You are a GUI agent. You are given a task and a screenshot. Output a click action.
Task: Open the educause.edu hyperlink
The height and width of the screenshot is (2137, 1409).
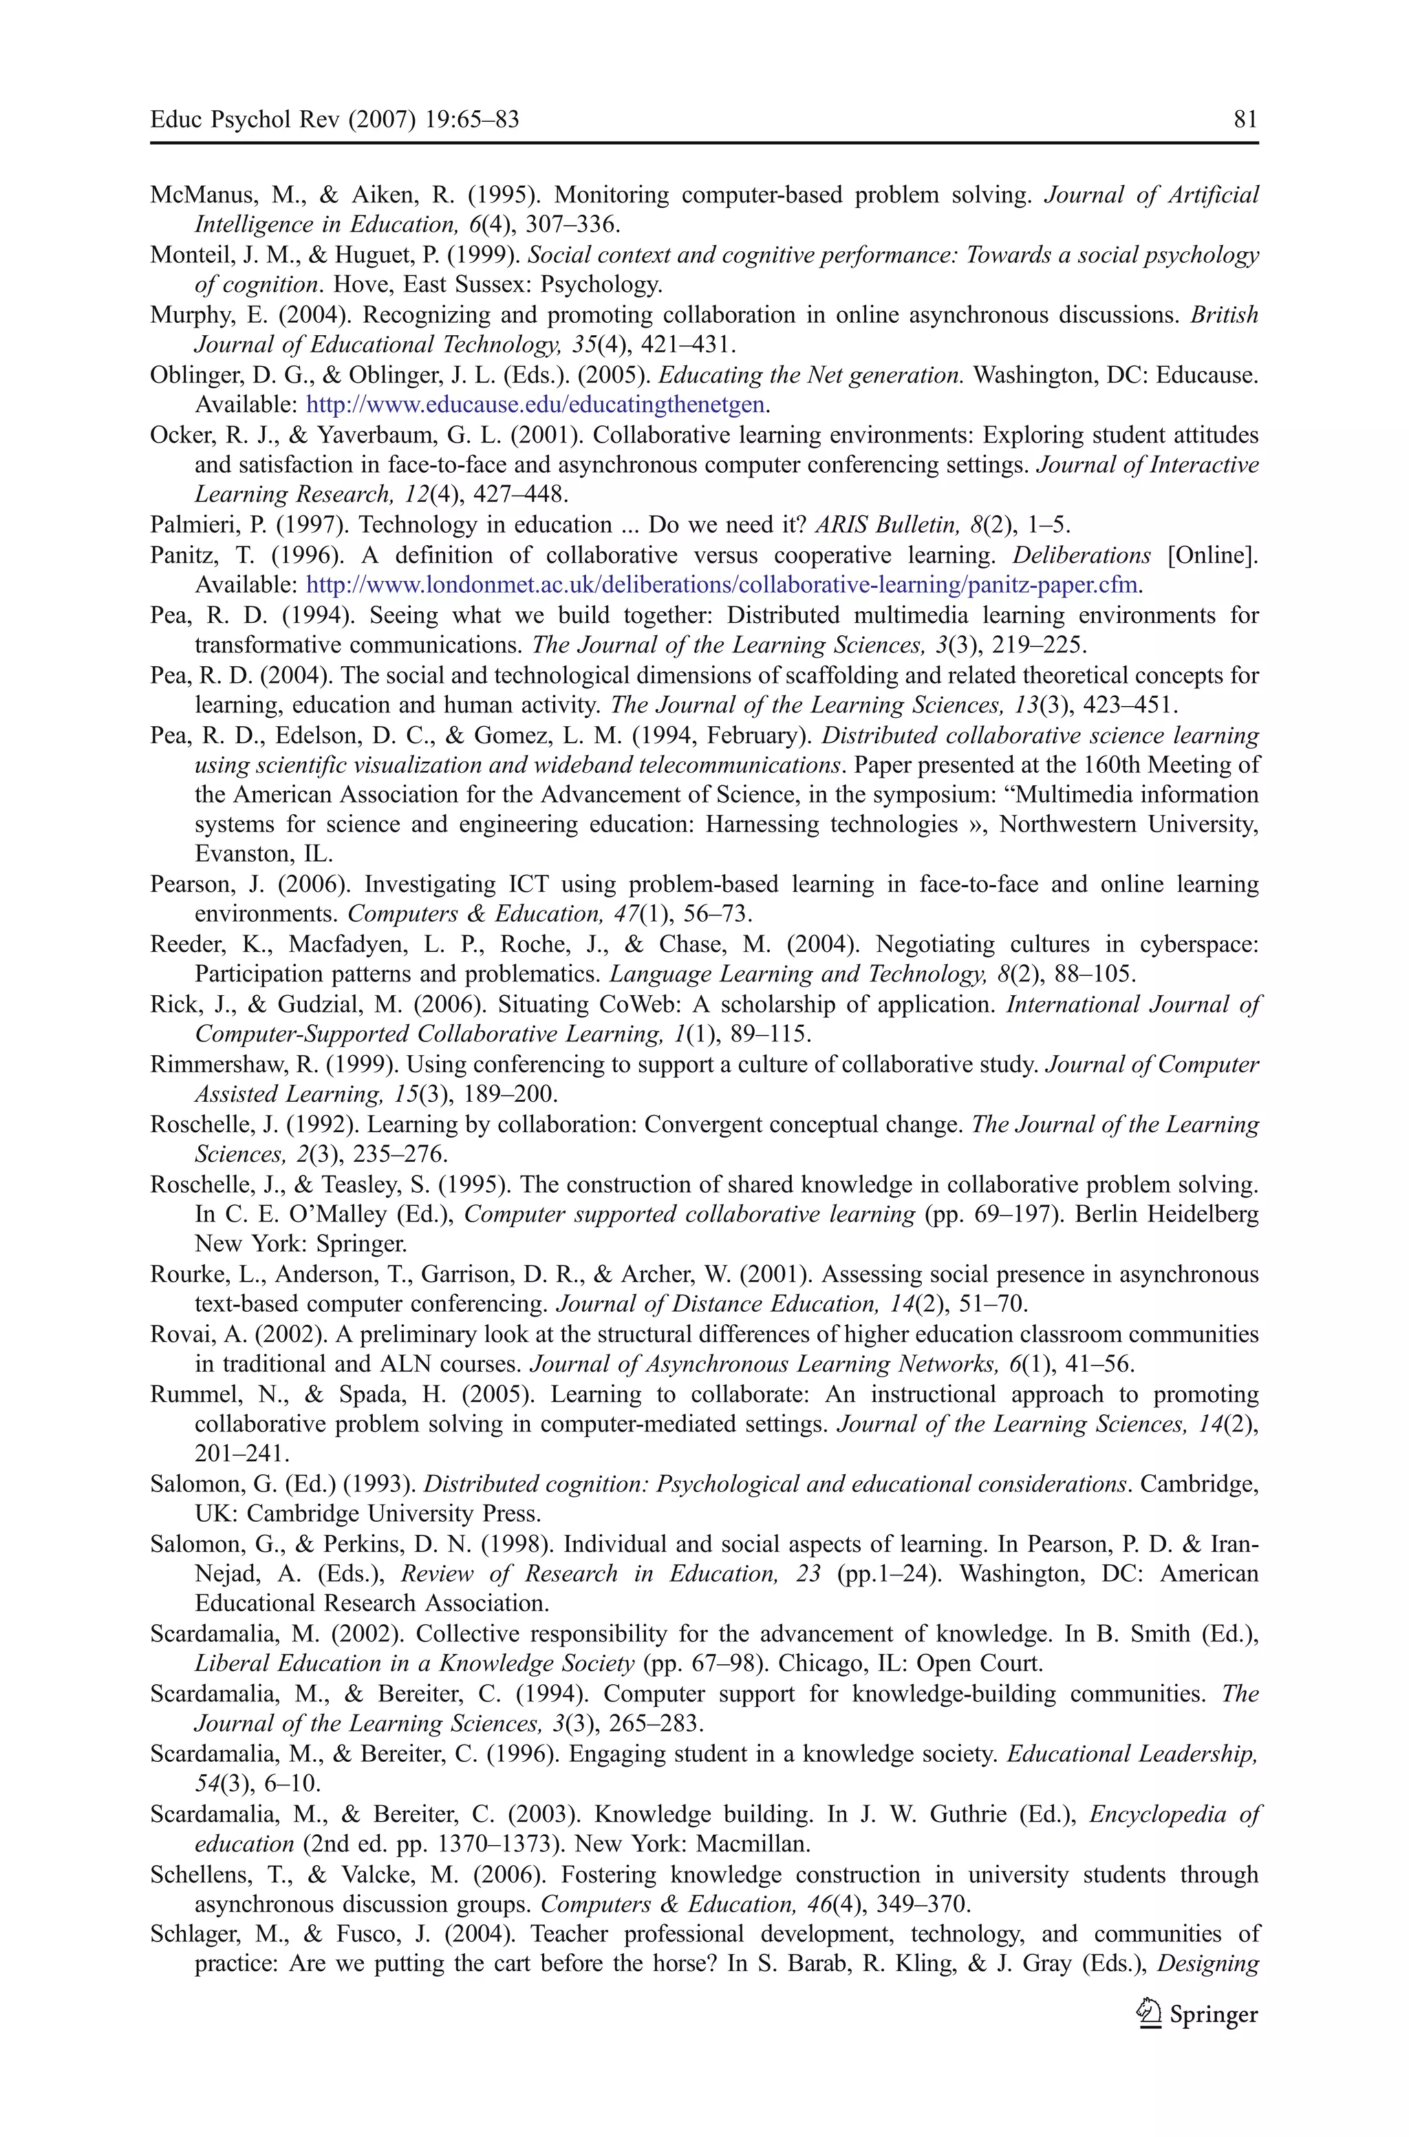click(535, 405)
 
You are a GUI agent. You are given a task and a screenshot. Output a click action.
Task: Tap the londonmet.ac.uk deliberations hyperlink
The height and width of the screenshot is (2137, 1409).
click(723, 585)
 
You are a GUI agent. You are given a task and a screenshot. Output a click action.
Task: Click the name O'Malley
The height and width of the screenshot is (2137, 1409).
click(311, 1214)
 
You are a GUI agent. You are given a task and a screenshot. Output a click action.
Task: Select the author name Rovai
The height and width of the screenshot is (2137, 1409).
click(177, 1335)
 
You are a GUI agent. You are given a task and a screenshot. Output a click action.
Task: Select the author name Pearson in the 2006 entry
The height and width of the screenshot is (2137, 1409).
click(187, 884)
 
